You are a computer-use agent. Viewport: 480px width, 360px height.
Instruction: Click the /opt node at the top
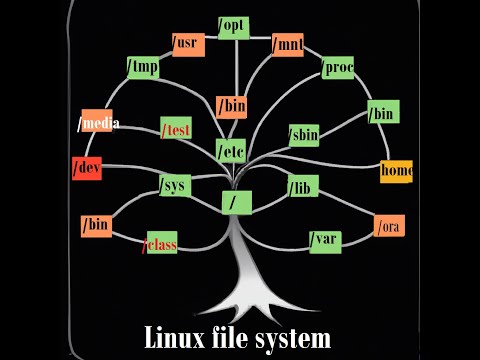pos(234,26)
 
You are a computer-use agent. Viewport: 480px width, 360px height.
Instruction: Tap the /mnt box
pos(287,44)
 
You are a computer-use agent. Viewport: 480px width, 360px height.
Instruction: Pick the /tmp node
pos(143,67)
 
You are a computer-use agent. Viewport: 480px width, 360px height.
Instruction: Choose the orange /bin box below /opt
pos(231,106)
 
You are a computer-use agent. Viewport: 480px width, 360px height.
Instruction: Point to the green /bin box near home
pos(382,113)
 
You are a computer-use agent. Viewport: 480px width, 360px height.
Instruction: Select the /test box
pos(175,129)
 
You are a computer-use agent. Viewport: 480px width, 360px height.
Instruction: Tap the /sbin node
pos(303,134)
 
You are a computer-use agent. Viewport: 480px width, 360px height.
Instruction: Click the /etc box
pos(231,151)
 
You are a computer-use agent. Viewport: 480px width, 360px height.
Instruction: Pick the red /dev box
pos(87,168)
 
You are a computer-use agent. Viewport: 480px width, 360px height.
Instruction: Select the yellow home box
pos(396,170)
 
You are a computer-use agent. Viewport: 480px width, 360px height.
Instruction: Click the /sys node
pos(174,185)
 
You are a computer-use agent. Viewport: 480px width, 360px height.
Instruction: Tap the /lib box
pos(302,186)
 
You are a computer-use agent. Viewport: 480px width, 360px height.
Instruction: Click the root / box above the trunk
pos(235,202)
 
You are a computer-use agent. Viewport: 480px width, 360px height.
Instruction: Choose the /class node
pos(160,243)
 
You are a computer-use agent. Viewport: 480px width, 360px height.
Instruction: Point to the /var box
pos(325,240)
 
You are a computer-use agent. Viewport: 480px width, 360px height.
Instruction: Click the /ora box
pos(389,227)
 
